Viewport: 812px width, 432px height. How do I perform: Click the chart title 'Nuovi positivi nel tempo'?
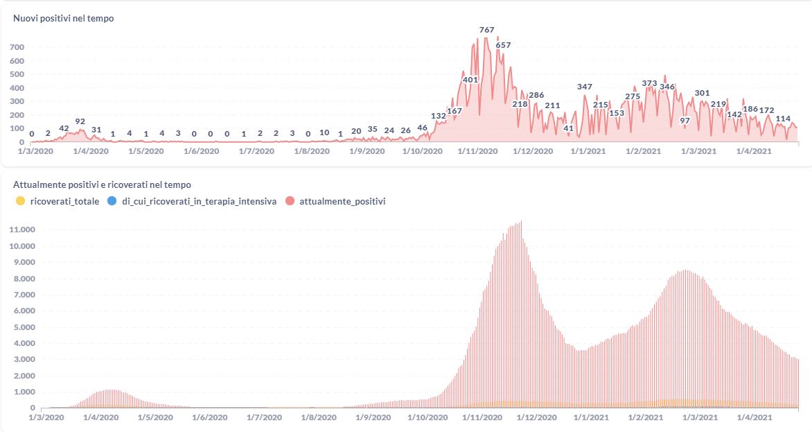[x=64, y=19]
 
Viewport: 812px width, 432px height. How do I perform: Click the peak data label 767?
[x=487, y=30]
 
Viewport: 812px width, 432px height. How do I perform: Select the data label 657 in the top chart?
[x=503, y=45]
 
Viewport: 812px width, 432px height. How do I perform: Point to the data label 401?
[x=470, y=80]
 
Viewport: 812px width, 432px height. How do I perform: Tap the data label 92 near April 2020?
[x=80, y=121]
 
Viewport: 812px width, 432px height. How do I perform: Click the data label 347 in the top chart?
[x=585, y=87]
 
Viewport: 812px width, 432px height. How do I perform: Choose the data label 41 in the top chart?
[x=569, y=128]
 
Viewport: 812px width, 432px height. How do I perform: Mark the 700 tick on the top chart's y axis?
[x=17, y=47]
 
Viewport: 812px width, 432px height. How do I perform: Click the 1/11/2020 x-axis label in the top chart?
[x=478, y=150]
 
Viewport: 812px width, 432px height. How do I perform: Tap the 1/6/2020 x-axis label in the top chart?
[x=201, y=150]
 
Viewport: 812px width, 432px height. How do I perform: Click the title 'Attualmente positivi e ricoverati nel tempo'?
[x=102, y=185]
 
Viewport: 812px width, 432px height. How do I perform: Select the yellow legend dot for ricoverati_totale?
[x=20, y=201]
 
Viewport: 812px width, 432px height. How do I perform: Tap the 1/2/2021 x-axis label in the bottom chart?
[x=644, y=418]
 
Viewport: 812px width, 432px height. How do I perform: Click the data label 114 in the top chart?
[x=783, y=119]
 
